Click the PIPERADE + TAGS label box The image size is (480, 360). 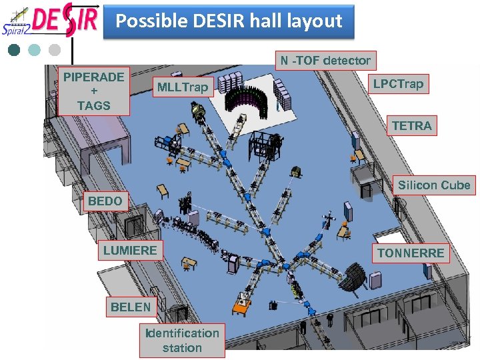point(93,91)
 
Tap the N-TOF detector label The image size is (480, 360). point(325,61)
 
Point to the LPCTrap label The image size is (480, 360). point(398,84)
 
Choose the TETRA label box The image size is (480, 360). point(411,125)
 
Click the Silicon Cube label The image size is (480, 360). point(434,185)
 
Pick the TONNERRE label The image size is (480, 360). point(411,253)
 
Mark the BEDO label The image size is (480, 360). point(105,201)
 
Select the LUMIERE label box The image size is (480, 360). point(130,251)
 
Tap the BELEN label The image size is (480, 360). point(131,307)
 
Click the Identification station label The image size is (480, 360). point(182,340)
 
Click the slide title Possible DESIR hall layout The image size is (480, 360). point(229,21)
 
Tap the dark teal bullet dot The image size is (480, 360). point(14,50)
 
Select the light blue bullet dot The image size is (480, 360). point(35,50)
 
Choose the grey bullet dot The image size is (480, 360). point(55,50)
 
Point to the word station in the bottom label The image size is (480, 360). point(182,348)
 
